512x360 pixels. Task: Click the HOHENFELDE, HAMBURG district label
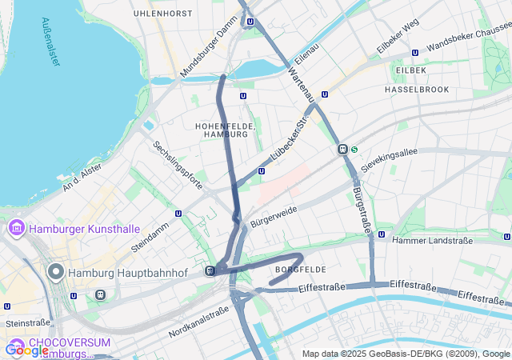point(225,130)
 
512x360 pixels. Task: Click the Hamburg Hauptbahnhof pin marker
point(56,272)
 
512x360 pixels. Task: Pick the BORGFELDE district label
point(300,269)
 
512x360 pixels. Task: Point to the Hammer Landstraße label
point(432,240)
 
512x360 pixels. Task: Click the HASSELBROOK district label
point(417,90)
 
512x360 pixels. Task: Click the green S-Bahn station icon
point(354,149)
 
